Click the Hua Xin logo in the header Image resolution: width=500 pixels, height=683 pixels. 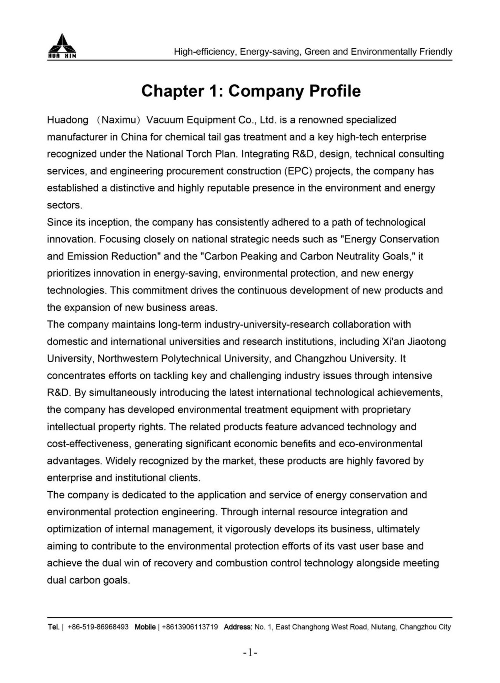(61, 46)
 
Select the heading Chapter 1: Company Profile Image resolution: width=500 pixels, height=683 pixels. (251, 91)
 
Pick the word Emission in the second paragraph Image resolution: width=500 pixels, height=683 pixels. (88, 256)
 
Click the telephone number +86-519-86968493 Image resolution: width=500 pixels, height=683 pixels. (98, 627)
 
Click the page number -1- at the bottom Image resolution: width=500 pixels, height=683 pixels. (250, 652)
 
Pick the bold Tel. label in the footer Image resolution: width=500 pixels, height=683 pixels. (53, 627)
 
